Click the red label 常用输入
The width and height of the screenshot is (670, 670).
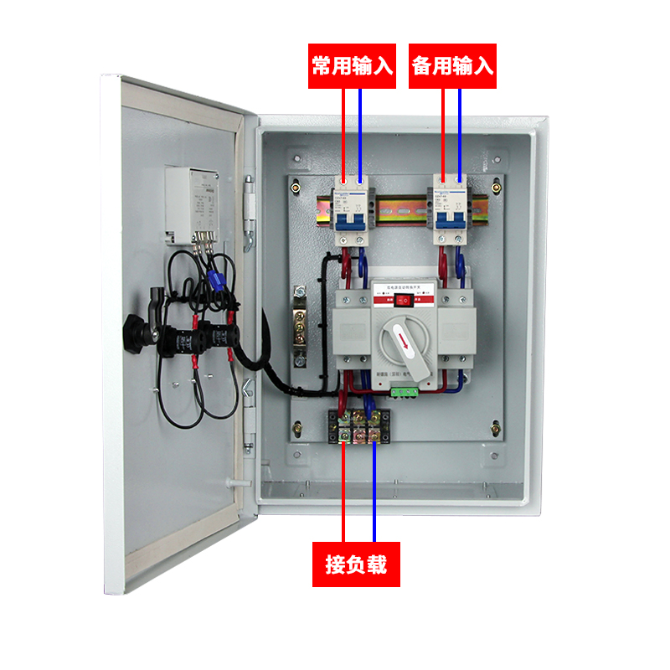pyautogui.click(x=352, y=66)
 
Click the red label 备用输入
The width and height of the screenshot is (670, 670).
pyautogui.click(x=452, y=66)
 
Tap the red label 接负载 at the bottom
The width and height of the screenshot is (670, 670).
pyautogui.click(x=356, y=565)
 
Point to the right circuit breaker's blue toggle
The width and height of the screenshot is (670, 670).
pyautogui.click(x=451, y=218)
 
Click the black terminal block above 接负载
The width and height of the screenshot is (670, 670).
pyautogui.click(x=359, y=428)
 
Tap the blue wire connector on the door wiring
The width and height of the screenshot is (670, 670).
pyautogui.click(x=216, y=278)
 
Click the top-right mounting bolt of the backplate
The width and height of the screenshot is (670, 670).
pyautogui.click(x=497, y=186)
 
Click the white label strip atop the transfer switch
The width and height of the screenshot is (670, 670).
pyautogui.click(x=405, y=287)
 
